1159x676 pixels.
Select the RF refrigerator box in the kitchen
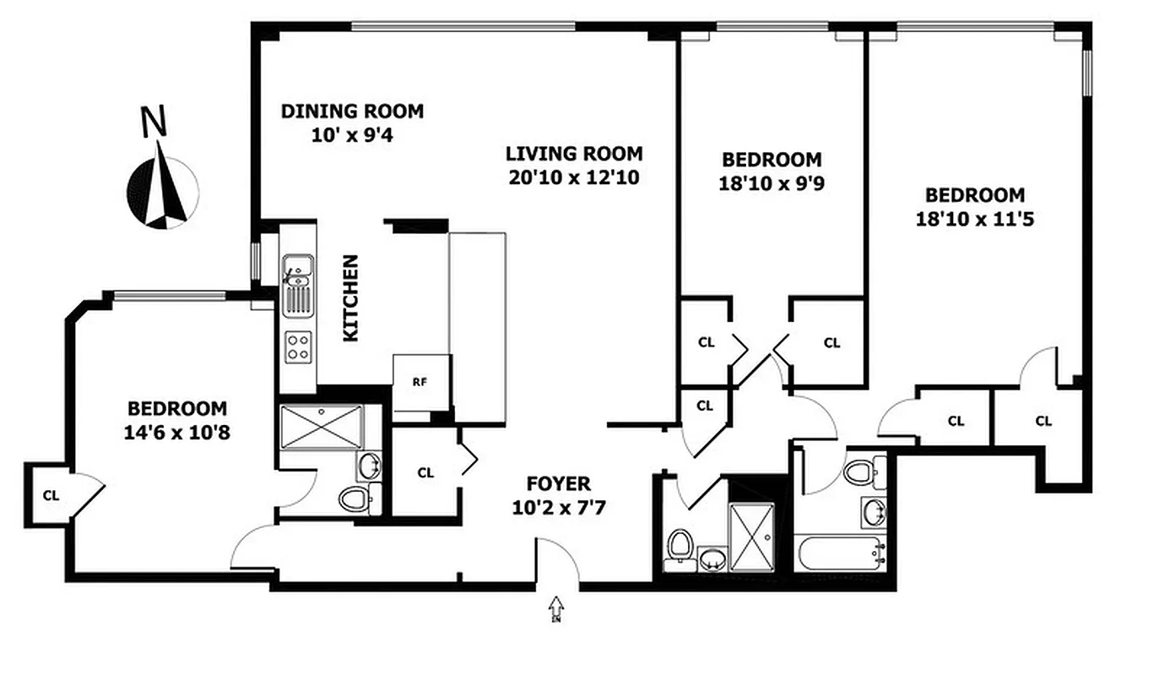pos(420,381)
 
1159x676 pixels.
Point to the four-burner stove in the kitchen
pos(298,346)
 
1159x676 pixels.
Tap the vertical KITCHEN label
pos(350,298)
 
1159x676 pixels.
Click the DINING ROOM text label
pos(352,112)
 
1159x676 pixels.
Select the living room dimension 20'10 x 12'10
pos(574,177)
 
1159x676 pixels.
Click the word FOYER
pos(558,484)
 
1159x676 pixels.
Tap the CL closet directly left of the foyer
pos(425,473)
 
